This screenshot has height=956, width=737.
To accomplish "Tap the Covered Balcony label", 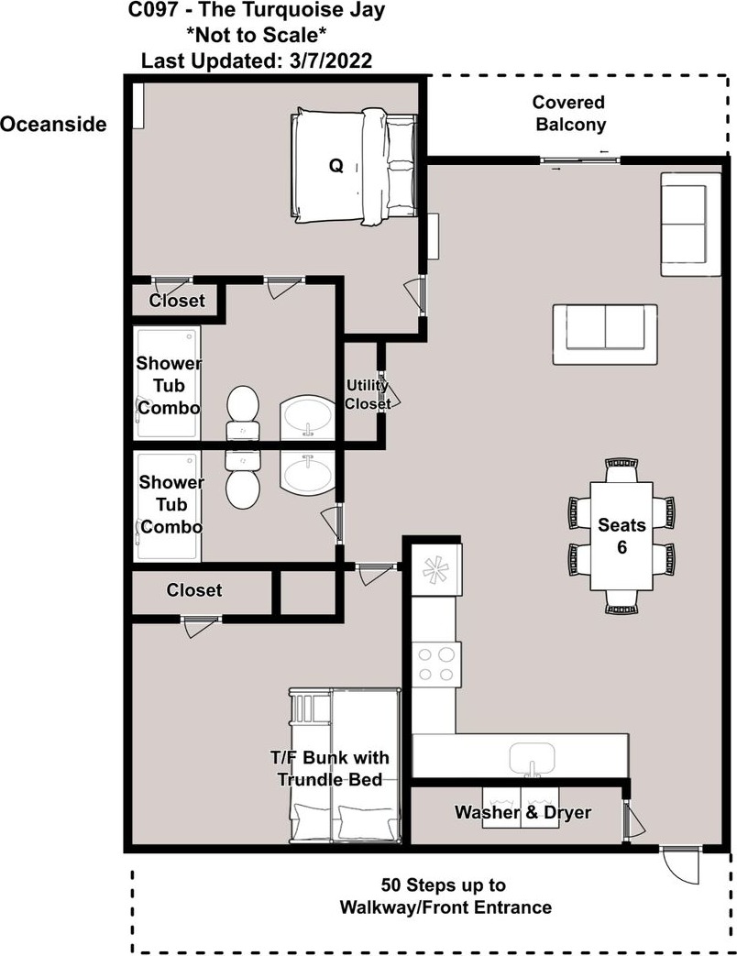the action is click(570, 114).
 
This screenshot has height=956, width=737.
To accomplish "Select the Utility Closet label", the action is click(367, 394).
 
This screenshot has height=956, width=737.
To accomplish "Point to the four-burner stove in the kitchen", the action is click(436, 665).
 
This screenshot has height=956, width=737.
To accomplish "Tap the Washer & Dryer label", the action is click(522, 812).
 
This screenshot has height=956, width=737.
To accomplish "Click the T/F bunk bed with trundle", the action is click(345, 765).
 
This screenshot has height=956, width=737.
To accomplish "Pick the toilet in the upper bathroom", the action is click(243, 412).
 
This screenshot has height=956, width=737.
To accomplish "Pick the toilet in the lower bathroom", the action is click(243, 479).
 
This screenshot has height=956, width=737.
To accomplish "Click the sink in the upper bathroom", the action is click(308, 418).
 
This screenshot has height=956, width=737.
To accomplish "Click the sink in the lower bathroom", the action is click(308, 473).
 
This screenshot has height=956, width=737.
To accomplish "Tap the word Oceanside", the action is click(53, 125).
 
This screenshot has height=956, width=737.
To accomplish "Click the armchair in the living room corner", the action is click(690, 224).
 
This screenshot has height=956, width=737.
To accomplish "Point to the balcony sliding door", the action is click(579, 160).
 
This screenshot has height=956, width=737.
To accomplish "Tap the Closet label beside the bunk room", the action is click(193, 590).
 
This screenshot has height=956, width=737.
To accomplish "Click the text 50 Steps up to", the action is click(443, 885).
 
